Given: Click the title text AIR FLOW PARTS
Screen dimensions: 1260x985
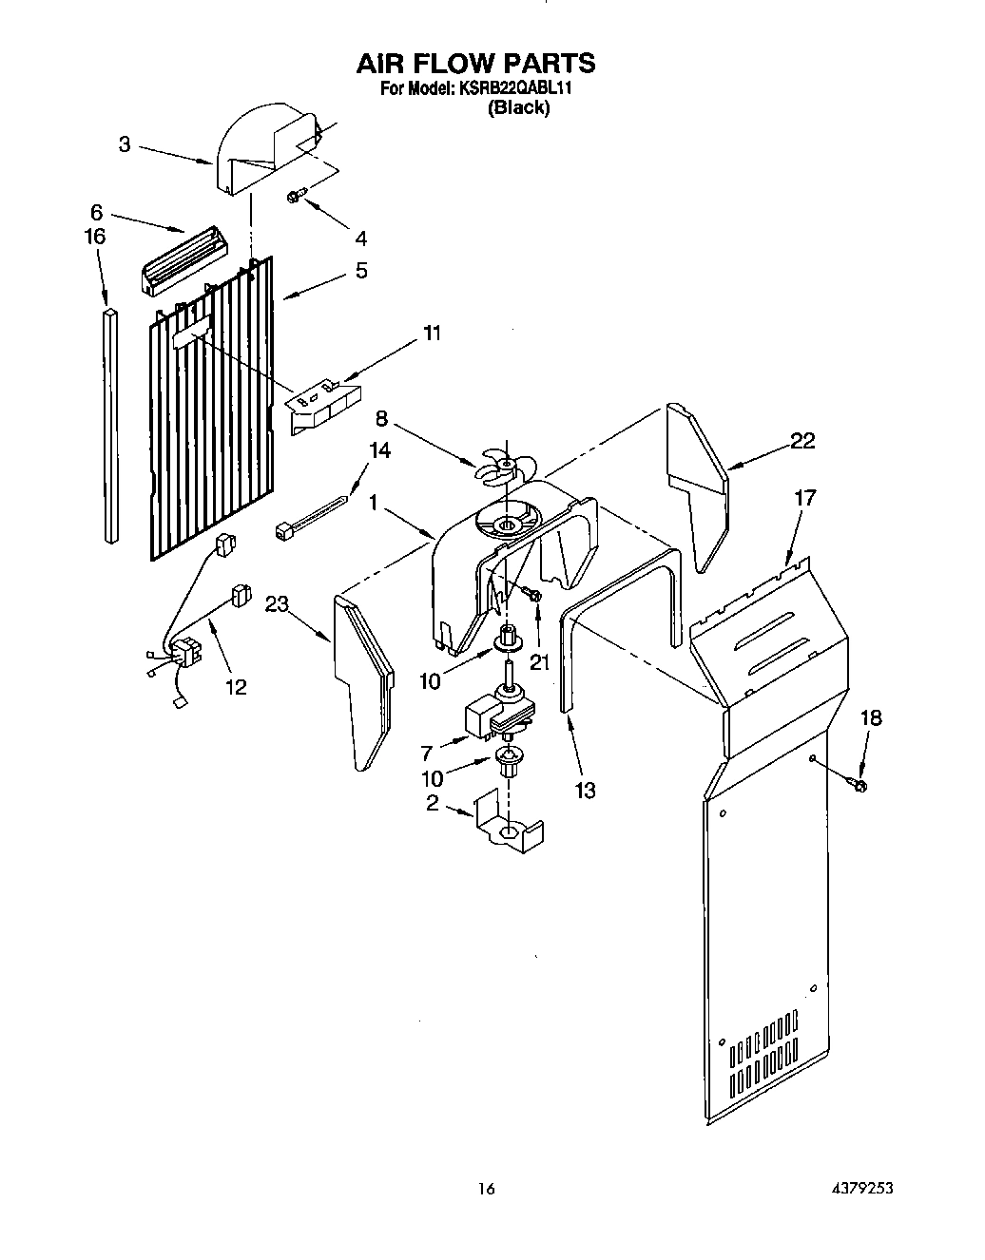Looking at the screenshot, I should (475, 63).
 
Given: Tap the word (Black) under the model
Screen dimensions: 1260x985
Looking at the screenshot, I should (518, 108).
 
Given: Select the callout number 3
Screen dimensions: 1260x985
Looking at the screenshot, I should (125, 144).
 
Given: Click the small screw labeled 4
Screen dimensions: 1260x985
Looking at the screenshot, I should (295, 197).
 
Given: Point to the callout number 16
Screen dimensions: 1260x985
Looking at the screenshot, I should (95, 236).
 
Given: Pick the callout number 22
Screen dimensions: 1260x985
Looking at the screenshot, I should (802, 441).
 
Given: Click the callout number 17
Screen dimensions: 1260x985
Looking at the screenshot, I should (804, 497).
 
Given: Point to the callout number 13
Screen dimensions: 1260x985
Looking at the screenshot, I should (585, 790).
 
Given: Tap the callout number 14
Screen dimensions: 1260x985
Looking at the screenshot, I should (379, 450).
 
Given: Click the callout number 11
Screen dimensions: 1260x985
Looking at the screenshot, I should (432, 333).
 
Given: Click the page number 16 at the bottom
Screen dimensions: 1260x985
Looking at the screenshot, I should (487, 1188).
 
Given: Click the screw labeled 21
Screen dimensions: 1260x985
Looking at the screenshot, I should (532, 595).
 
